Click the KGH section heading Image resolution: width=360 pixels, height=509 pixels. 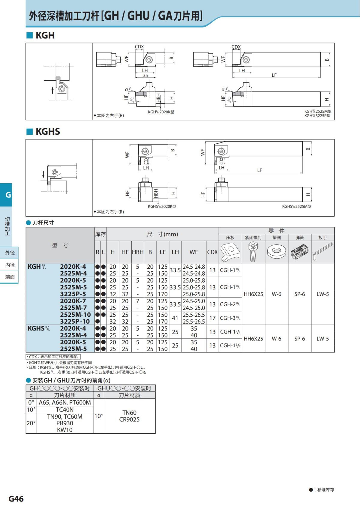(45, 35)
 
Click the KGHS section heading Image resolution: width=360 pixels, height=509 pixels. (47, 132)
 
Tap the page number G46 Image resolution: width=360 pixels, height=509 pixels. (16, 499)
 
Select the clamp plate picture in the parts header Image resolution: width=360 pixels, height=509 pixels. (230, 252)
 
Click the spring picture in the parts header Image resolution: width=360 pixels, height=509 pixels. (299, 252)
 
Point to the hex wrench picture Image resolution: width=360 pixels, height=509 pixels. (323, 252)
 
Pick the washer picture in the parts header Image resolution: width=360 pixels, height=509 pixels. (276, 252)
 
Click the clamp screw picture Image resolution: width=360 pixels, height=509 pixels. (253, 252)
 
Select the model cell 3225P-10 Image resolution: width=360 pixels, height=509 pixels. (75, 322)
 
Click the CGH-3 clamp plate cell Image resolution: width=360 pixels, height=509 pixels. (230, 318)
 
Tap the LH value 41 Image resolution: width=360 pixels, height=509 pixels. (175, 318)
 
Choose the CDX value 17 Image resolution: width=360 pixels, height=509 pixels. (212, 318)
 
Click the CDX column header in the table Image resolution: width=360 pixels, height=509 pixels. (212, 252)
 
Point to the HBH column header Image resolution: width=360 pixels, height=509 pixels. (138, 252)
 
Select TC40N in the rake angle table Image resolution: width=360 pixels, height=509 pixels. (64, 410)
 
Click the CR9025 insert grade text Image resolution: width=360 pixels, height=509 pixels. (129, 420)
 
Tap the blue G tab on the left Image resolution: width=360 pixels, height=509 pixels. (8, 195)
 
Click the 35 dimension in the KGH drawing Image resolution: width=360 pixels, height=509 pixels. (145, 75)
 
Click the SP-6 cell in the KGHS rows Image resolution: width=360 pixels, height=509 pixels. (299, 339)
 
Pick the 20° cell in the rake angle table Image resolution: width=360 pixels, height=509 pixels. (31, 423)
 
